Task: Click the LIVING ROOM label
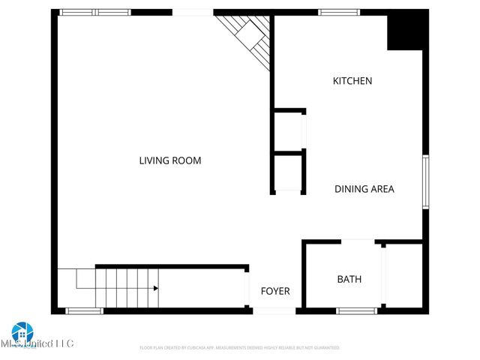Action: (x=170, y=160)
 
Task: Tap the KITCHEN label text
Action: (x=352, y=81)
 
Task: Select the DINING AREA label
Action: (x=364, y=189)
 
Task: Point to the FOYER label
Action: (x=274, y=291)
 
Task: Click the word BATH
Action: (x=349, y=279)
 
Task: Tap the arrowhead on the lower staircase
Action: (x=155, y=288)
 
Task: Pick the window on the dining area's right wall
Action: (x=425, y=181)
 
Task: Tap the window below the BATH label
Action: (x=355, y=310)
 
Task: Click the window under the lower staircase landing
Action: (x=84, y=310)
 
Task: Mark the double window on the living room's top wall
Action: (x=94, y=13)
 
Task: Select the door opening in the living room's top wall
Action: (x=193, y=13)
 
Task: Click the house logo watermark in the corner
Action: (x=22, y=332)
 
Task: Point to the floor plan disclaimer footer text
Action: (x=240, y=348)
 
